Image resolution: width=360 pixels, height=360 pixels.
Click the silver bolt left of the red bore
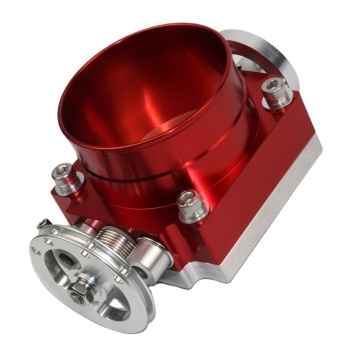coord(66,178)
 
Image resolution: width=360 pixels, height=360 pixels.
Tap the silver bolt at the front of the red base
coord(191,205)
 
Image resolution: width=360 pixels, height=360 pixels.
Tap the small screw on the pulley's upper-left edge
coord(44,226)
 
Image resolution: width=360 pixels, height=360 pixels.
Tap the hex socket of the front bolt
coord(191,197)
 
